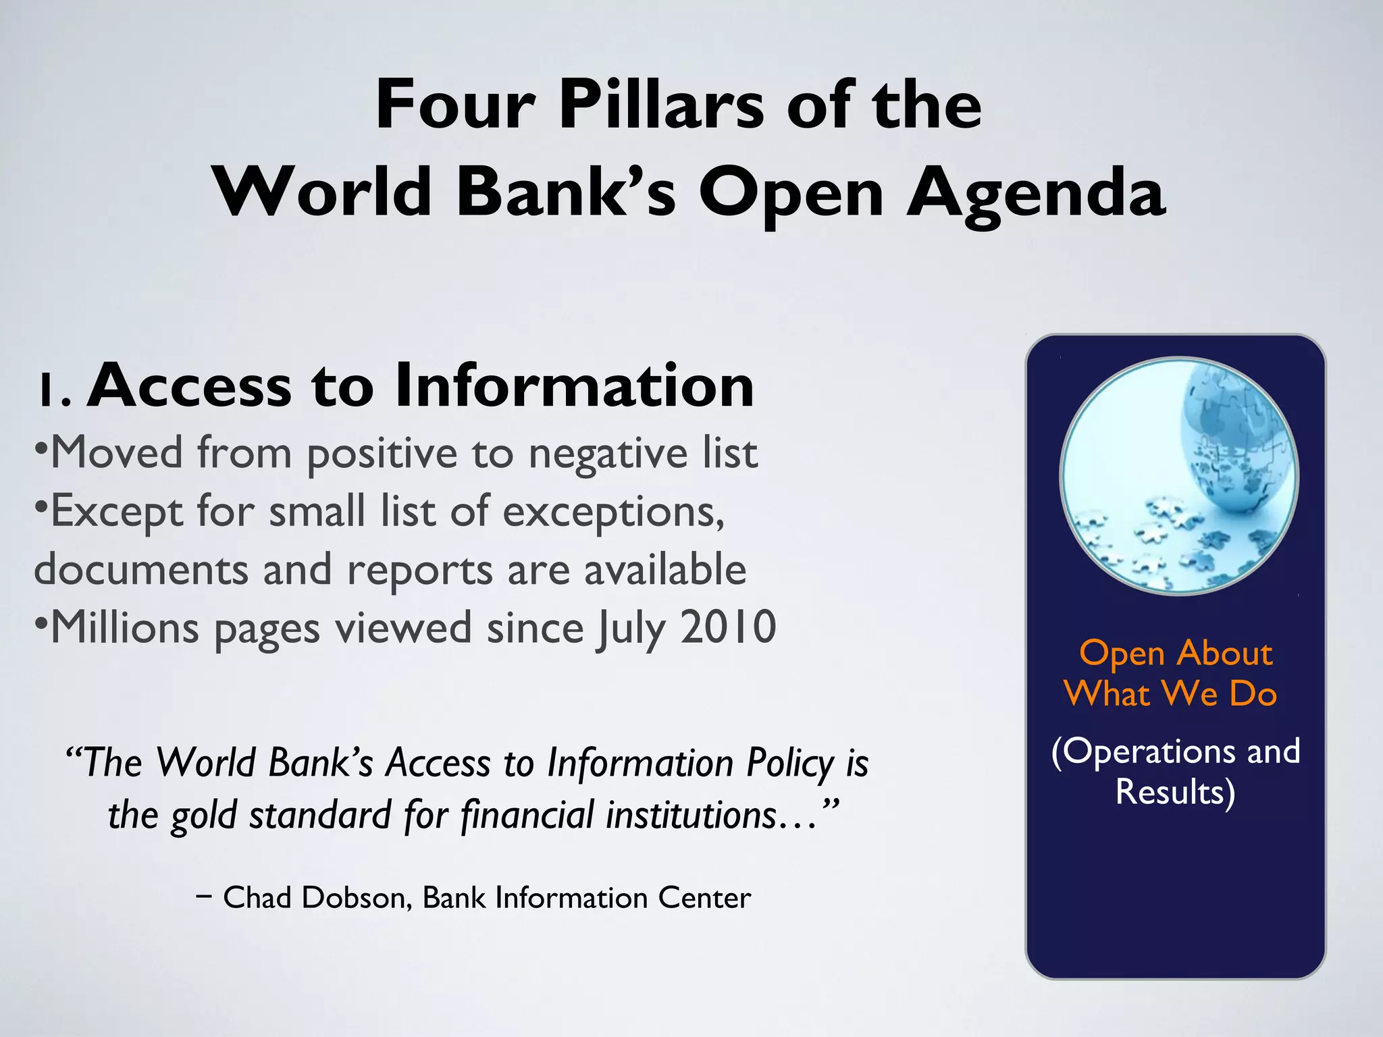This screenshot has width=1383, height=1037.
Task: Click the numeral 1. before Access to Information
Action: coord(54,390)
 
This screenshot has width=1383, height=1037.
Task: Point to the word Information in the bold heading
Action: coord(574,385)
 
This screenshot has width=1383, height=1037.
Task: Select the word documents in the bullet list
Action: coord(140,570)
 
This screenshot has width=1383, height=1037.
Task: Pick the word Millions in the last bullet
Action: coord(125,628)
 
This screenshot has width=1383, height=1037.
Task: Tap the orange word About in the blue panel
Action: coord(1224,654)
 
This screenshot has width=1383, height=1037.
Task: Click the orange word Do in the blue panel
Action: coord(1253,694)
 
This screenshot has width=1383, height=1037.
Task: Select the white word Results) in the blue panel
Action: coord(1175,792)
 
